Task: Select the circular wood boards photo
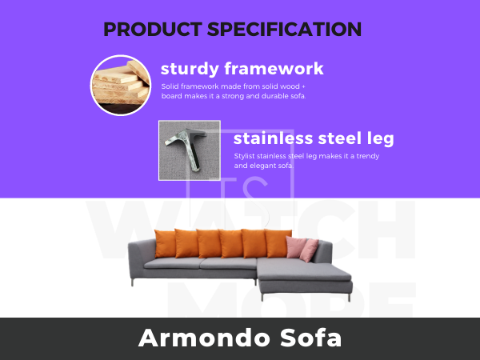(121, 86)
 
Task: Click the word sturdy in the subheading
(190, 69)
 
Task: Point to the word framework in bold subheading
(274, 68)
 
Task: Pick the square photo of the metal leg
(190, 150)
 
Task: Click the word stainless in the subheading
(274, 138)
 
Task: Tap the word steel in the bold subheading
(340, 138)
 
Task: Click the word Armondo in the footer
(206, 338)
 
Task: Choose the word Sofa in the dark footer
(310, 338)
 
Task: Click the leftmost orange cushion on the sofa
(165, 244)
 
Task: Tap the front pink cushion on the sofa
(310, 250)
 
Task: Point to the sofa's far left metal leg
(132, 282)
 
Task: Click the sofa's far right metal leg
(349, 298)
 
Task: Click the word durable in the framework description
(275, 96)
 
